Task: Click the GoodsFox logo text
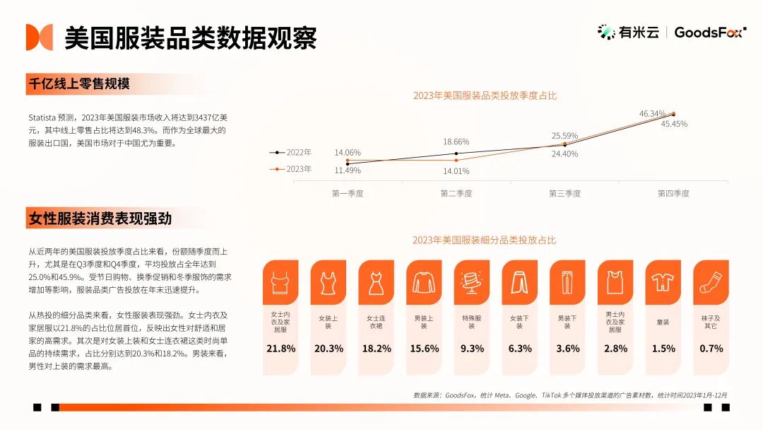pos(709,32)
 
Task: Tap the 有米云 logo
pos(628,32)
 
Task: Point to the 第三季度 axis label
pos(564,193)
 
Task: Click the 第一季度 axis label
pos(348,193)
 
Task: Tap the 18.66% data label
pos(456,141)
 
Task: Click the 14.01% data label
pos(456,170)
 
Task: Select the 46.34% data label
pos(652,113)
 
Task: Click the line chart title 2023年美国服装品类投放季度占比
pos(485,95)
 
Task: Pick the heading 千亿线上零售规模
pos(79,83)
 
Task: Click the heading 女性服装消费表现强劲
pos(100,219)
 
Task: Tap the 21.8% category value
pos(280,349)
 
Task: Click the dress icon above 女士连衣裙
pos(376,282)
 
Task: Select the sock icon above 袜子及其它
pos(710,282)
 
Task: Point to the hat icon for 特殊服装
pos(471,282)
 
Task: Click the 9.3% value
pos(471,349)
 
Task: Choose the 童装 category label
pos(663,322)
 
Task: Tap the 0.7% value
pos(711,349)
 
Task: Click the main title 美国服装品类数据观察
pos(191,37)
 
